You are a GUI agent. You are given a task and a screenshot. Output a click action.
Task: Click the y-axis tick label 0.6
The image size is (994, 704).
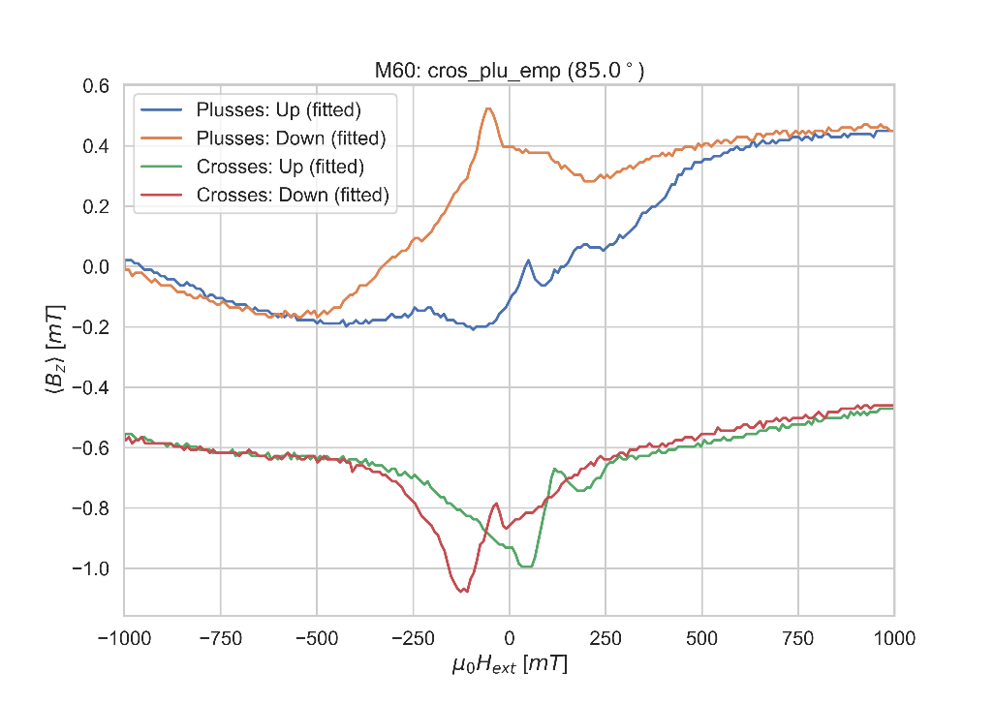pyautogui.click(x=96, y=86)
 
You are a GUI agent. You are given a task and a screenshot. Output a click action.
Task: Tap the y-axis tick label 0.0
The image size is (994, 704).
pyautogui.click(x=96, y=267)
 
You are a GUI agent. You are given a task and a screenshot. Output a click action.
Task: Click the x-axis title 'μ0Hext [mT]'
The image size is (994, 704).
pyautogui.click(x=509, y=666)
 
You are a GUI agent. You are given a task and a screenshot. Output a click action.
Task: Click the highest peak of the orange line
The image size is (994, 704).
pyautogui.click(x=488, y=108)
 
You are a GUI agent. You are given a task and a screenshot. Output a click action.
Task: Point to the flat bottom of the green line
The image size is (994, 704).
pyautogui.click(x=526, y=566)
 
